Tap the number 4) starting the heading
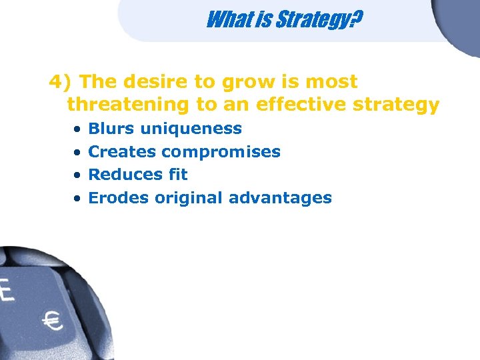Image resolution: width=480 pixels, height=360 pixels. point(61,82)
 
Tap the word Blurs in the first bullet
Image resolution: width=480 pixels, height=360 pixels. point(111,128)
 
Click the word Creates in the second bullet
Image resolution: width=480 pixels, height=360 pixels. point(123,151)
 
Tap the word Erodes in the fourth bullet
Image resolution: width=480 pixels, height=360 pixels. point(119,198)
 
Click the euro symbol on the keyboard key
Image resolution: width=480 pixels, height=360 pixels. point(52,322)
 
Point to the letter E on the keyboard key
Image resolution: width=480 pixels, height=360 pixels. point(6,291)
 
